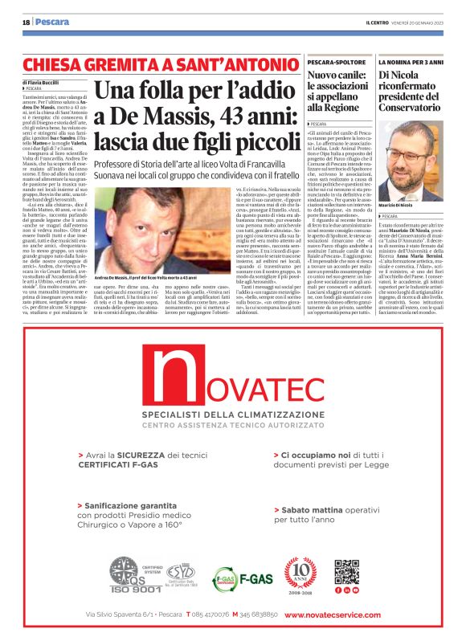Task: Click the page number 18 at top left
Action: coord(26,22)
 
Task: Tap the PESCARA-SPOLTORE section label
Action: coord(337,61)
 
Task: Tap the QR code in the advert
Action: coord(346,571)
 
